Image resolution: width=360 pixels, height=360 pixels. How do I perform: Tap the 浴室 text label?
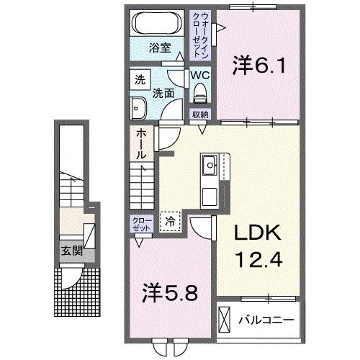pyautogui.click(x=159, y=50)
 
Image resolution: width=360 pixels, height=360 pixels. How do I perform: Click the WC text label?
pyautogui.click(x=199, y=74)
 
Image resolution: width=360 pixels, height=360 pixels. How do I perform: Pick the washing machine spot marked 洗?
pyautogui.click(x=140, y=80)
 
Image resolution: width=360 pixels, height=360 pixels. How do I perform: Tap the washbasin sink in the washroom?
pyautogui.click(x=139, y=109)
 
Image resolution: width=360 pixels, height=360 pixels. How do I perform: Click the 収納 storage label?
pyautogui.click(x=199, y=114)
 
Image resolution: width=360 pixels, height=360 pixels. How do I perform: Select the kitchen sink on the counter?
pyautogui.click(x=210, y=166)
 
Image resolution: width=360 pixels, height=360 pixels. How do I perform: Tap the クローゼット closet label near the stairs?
pyautogui.click(x=140, y=223)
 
